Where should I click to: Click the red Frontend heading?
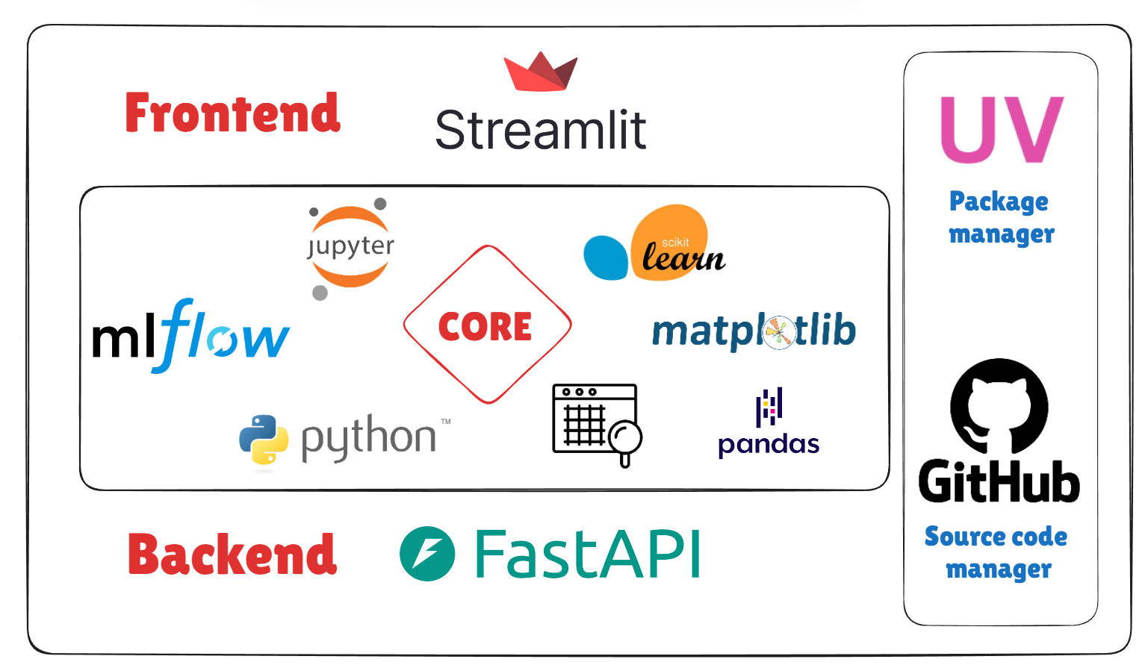pos(232,113)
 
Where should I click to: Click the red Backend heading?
pos(232,555)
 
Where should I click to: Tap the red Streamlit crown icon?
pos(540,72)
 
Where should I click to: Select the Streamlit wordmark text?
pos(540,131)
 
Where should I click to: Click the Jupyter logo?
pos(350,248)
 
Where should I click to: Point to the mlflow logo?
pos(190,337)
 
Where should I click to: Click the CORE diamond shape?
pos(487,325)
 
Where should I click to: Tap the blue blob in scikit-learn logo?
pos(606,258)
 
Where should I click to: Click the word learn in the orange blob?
pos(683,258)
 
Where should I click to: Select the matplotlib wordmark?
pos(753,331)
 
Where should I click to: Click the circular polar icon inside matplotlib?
pos(778,332)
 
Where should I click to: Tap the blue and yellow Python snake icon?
pos(264,440)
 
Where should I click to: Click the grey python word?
pos(368,438)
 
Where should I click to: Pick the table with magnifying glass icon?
pos(596,423)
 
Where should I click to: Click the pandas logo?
pos(769,423)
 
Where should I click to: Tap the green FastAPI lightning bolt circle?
pos(427,554)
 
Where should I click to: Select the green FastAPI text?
pos(588,555)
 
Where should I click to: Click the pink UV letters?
pos(1001,130)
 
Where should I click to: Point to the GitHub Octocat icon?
pos(999,406)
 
